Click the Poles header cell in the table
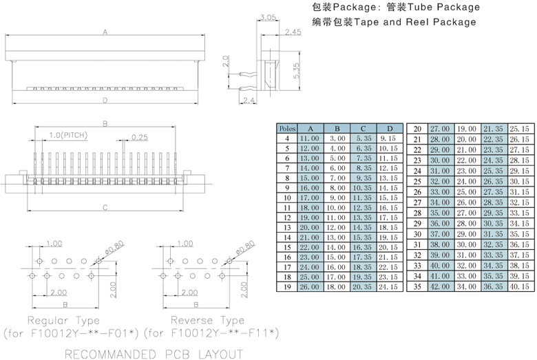[286, 129]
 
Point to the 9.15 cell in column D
[388, 138]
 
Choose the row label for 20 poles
[417, 129]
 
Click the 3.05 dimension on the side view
[269, 17]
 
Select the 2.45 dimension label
[293, 32]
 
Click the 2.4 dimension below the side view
[249, 101]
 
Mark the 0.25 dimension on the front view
[140, 137]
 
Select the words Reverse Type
[207, 321]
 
